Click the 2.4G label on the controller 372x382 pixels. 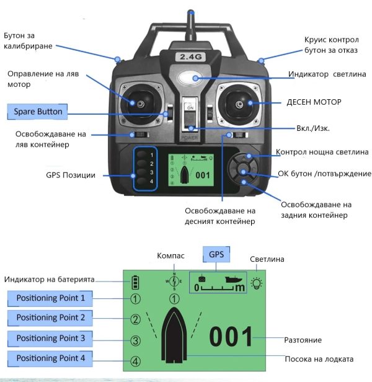pos(191,57)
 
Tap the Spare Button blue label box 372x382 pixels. pos(37,112)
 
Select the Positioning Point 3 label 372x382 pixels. pos(50,339)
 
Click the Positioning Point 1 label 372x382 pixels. pos(50,298)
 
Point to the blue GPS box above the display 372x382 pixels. pos(216,254)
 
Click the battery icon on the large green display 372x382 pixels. pos(135,282)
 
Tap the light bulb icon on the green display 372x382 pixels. pos(257,283)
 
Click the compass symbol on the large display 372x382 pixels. pos(174,282)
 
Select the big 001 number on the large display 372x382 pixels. pos(231,337)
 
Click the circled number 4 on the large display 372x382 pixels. pos(135,362)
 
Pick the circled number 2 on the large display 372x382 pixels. pos(135,319)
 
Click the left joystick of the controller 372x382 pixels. pos(141,104)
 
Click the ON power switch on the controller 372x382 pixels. pos(190,115)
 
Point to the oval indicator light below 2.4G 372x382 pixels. pos(190,78)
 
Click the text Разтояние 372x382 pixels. pos(303,340)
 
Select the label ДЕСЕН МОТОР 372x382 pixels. pos(314,102)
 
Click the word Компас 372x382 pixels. pos(170,255)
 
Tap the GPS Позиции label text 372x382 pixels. pos(71,175)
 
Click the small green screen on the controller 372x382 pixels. pos(191,170)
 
